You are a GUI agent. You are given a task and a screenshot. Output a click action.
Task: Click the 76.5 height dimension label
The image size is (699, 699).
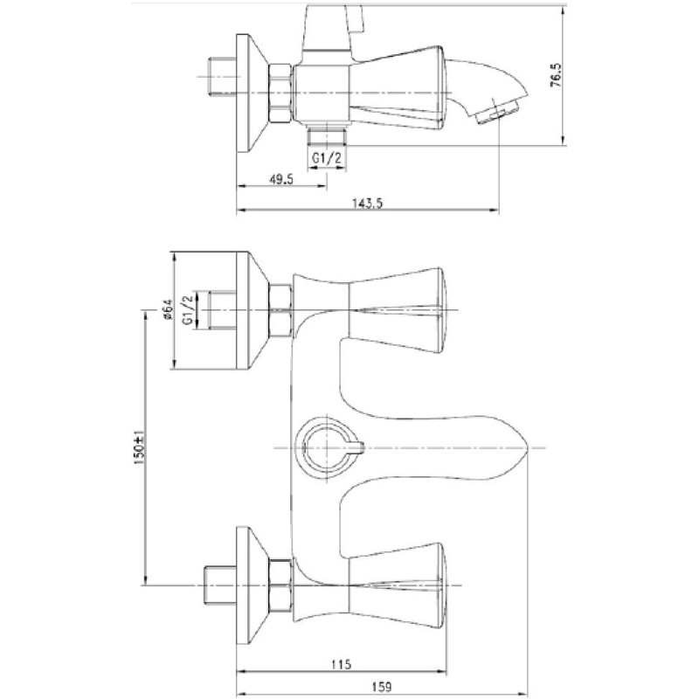pyautogui.click(x=557, y=74)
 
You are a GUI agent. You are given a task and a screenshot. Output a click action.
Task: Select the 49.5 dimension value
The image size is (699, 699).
pyautogui.click(x=281, y=179)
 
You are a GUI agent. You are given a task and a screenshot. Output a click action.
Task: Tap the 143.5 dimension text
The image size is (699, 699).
pyautogui.click(x=368, y=204)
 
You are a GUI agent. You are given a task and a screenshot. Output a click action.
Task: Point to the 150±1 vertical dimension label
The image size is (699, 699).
pyautogui.click(x=139, y=447)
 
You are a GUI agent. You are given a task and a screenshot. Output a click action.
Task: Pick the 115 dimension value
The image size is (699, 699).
pyautogui.click(x=342, y=664)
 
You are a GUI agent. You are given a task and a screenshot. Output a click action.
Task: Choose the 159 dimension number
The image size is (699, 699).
pyautogui.click(x=381, y=687)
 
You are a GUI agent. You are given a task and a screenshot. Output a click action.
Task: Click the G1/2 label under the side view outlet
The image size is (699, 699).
pyautogui.click(x=326, y=157)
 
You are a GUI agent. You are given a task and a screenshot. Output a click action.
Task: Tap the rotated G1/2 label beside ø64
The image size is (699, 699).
pyautogui.click(x=188, y=310)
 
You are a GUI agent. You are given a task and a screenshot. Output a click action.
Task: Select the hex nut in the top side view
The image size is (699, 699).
pyautogui.click(x=280, y=93)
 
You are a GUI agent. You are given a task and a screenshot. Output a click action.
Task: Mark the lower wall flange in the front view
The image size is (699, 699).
pyautogui.click(x=252, y=585)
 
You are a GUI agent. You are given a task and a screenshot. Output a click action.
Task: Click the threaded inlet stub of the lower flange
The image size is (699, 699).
pyautogui.click(x=220, y=585)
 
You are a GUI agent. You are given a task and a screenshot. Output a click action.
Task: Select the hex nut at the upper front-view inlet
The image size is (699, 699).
pyautogui.click(x=280, y=310)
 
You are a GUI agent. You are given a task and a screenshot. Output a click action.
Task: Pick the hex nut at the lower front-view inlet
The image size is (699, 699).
pyautogui.click(x=280, y=585)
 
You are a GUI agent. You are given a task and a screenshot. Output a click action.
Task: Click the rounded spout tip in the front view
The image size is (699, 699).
pyautogui.click(x=522, y=447)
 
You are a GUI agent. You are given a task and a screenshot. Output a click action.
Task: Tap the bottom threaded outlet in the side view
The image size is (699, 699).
pyautogui.click(x=326, y=136)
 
